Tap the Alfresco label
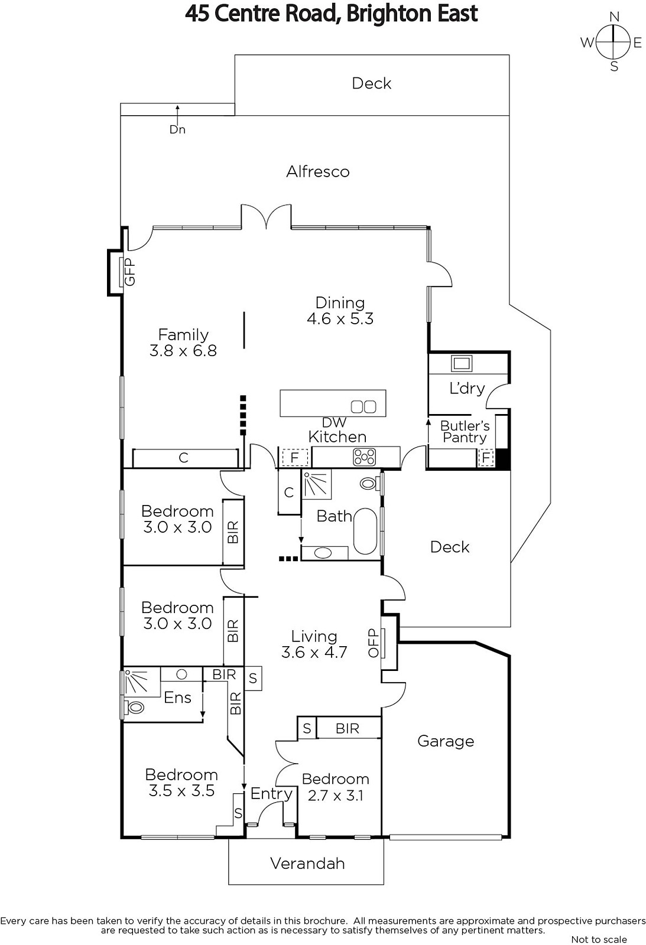pos(318,172)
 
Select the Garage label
pos(446,741)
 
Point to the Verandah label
pos(307,863)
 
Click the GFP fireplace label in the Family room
pos(129,272)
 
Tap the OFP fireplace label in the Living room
pos(374,643)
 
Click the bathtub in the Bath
pos(365,532)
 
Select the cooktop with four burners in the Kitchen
pos(365,457)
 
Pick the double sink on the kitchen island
pos(363,407)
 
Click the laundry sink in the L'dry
pos(462,363)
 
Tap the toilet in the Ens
pos(135,706)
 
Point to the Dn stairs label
pos(177,129)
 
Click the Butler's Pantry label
pos(465,431)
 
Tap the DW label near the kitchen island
pos(334,422)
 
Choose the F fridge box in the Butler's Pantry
pos(486,457)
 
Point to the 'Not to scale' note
pos(599,939)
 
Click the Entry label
pos(271,794)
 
